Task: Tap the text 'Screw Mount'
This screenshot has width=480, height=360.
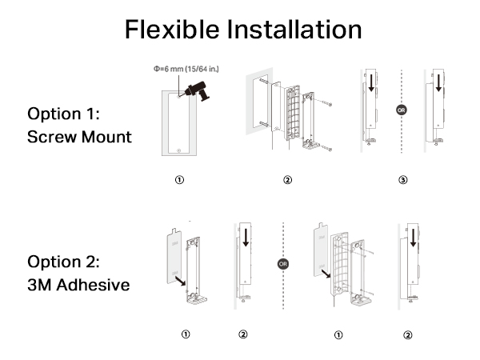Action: coord(79,137)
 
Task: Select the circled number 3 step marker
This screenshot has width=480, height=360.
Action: coord(402,179)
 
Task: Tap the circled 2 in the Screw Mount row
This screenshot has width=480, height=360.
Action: coord(287,179)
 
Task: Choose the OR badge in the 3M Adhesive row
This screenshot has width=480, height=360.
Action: coord(282,262)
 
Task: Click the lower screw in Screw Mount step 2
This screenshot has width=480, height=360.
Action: coord(327,146)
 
